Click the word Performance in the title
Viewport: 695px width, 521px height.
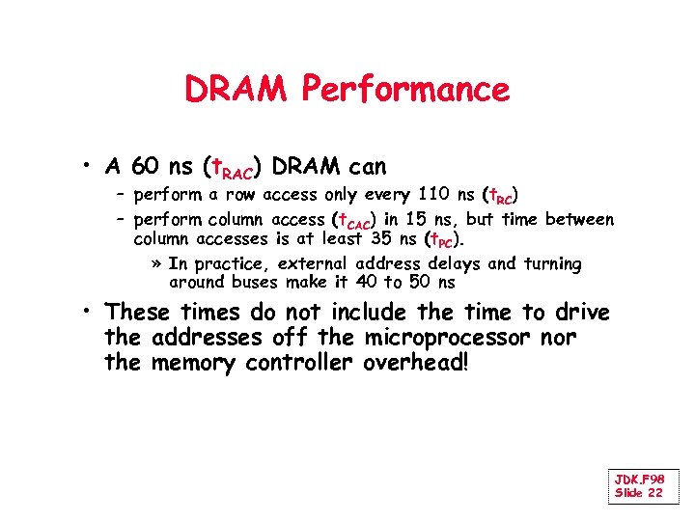coord(405,91)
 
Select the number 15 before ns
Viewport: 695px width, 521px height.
coord(419,219)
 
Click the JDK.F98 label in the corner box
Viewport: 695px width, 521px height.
coord(639,480)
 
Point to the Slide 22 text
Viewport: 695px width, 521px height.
coord(639,493)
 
